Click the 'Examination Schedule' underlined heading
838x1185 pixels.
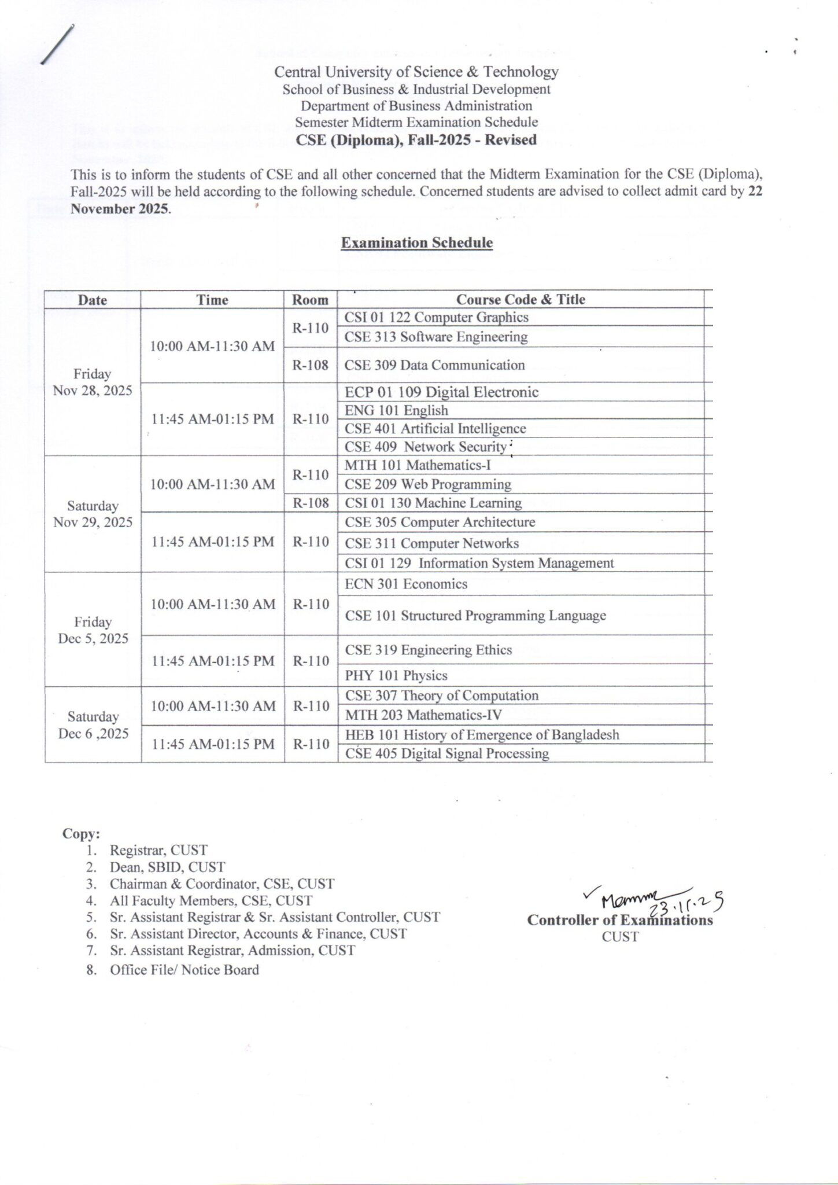pos(416,243)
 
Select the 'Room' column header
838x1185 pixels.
pos(310,300)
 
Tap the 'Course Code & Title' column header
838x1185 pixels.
pos(520,299)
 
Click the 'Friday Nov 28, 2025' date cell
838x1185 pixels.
pos(93,382)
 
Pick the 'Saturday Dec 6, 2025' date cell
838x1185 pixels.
pos(93,725)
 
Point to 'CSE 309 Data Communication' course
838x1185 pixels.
pos(434,365)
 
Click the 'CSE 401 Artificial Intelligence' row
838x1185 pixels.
pos(435,429)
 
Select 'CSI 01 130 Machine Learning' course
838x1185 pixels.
pos(433,503)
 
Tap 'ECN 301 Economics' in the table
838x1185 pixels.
pos(406,584)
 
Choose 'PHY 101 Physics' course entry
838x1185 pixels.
pos(396,675)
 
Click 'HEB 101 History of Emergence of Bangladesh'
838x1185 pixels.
pos(482,735)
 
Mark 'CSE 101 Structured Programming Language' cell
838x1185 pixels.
pos(475,616)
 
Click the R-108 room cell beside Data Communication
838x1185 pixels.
pos(310,365)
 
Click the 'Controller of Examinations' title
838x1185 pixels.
pos(620,920)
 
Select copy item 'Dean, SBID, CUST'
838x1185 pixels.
pos(167,867)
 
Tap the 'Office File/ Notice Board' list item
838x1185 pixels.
pos(184,970)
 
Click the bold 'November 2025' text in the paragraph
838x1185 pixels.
pos(120,209)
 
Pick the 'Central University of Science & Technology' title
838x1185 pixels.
pos(416,72)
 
